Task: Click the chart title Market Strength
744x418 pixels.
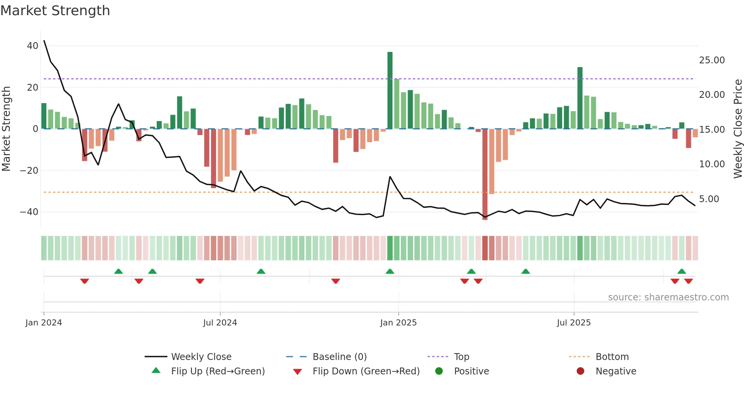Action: [55, 11]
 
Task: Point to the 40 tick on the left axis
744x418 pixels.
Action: [33, 46]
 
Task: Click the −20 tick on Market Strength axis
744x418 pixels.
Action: [29, 171]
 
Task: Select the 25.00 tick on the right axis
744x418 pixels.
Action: [712, 60]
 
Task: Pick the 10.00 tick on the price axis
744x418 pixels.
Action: [712, 164]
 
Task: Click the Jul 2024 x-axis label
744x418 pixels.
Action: [220, 323]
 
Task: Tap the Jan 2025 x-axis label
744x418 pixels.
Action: [398, 323]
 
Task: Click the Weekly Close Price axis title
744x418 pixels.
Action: [738, 129]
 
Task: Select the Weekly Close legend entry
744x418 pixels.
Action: [201, 357]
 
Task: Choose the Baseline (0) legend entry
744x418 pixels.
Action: [339, 357]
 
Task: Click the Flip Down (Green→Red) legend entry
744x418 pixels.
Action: [366, 371]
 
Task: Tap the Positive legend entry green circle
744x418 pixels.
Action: [439, 371]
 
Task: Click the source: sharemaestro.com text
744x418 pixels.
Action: [668, 297]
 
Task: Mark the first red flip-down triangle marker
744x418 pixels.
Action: [85, 281]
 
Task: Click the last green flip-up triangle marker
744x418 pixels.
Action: [681, 271]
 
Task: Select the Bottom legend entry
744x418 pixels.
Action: [612, 357]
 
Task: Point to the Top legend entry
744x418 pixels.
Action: [461, 357]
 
